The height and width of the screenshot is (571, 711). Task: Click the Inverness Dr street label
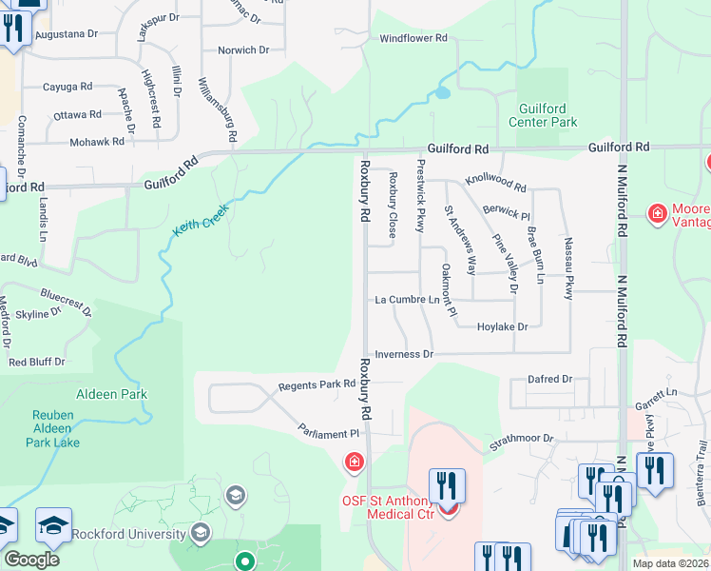404,354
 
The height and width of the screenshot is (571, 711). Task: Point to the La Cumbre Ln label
408,300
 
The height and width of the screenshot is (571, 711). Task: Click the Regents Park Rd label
317,385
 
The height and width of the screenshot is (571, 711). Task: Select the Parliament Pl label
329,433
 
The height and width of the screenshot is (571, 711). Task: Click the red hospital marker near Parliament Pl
353,463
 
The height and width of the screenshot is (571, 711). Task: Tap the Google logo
31,560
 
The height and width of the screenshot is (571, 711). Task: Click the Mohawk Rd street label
97,142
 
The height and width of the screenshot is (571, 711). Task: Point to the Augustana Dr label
67,33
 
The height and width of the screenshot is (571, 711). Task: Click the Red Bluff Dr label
36,363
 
